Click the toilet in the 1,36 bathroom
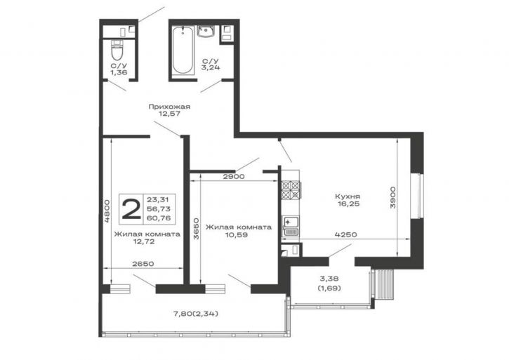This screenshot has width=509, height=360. click(x=117, y=48)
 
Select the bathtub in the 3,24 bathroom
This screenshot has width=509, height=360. click(x=182, y=51)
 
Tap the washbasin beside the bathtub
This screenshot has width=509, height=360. click(x=206, y=32)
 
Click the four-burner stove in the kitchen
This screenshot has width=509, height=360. click(x=291, y=189)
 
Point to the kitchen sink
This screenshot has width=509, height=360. click(x=291, y=225)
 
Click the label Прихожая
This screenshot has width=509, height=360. click(x=169, y=107)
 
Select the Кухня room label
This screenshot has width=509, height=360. click(x=348, y=196)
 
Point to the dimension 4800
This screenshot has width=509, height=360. click(x=107, y=211)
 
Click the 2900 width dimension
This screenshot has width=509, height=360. click(x=233, y=177)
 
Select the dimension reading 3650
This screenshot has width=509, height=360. click(x=196, y=229)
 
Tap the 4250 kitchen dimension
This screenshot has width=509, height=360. click(x=346, y=234)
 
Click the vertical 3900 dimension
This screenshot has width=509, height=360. click(x=392, y=197)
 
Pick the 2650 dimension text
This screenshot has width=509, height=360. click(x=143, y=264)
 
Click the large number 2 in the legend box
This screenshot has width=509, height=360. click(x=131, y=209)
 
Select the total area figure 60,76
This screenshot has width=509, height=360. click(x=159, y=218)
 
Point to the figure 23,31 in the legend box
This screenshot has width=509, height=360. click(x=159, y=199)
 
